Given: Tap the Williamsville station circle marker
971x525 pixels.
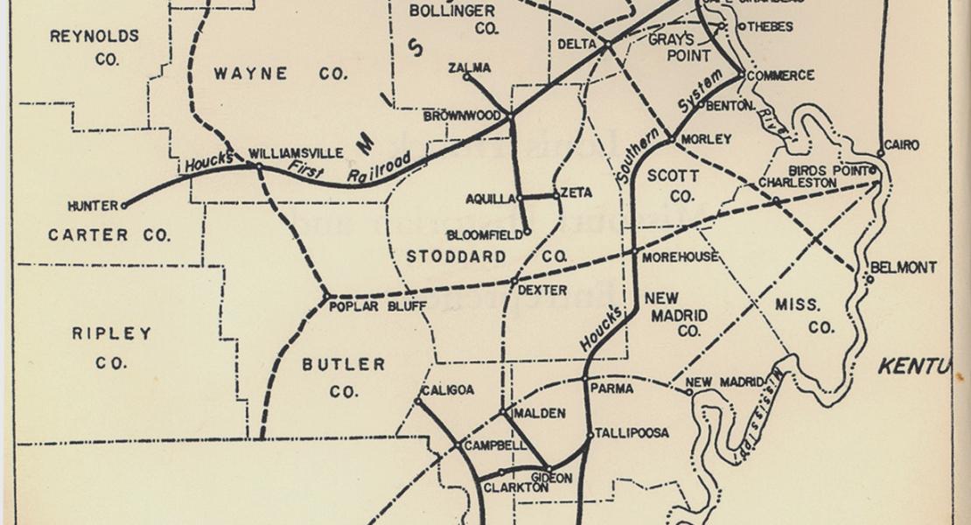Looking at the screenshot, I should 259,165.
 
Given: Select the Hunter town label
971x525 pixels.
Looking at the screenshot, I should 92,206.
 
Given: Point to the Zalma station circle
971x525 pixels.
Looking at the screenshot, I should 466,77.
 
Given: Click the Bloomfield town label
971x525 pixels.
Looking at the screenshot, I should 484,234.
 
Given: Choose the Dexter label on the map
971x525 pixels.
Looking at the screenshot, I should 542,290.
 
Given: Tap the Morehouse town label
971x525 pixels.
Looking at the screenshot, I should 680,257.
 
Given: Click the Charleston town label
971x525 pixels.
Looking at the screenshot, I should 797,183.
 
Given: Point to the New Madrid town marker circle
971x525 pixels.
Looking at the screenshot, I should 690,392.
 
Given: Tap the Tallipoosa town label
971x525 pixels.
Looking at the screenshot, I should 632,433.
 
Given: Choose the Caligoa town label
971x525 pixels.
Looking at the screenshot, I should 447,390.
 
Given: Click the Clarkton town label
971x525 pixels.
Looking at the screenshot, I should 515,487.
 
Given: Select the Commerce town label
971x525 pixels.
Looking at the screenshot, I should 780,76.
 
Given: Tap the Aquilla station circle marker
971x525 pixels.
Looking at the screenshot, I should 520,199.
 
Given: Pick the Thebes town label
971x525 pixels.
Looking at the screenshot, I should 771,27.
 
